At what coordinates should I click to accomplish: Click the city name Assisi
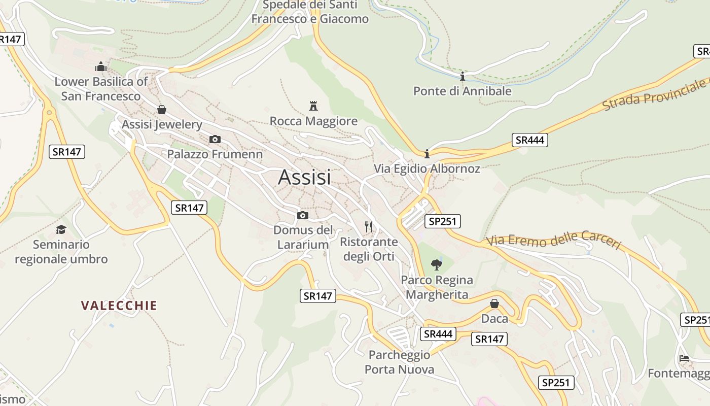coord(304,177)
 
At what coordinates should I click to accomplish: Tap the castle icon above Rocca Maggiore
coord(313,106)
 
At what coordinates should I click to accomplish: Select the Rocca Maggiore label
coord(313,121)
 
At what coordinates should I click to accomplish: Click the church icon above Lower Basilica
coord(101,66)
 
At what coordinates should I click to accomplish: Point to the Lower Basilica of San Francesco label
coord(101,89)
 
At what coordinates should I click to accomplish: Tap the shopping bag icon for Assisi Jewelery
coord(162,109)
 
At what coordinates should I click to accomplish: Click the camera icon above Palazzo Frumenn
coord(215,139)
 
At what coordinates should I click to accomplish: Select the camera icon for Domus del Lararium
coord(303,215)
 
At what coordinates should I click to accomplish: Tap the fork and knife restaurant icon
coord(369,226)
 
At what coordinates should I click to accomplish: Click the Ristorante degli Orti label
coord(369,249)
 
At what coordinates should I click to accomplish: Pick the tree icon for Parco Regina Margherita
coord(436,264)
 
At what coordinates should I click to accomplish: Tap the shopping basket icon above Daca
coord(494,303)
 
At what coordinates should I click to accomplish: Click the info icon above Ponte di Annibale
coord(462,77)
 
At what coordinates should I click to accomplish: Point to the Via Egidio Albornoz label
coord(427,168)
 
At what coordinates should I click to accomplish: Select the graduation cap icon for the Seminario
coord(61,229)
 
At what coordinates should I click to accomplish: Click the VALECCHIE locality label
coord(119,306)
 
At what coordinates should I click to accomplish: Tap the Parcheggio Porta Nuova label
coord(399,362)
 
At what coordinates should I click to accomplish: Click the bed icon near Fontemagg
coord(684,358)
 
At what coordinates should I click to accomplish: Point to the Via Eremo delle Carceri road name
coord(553,241)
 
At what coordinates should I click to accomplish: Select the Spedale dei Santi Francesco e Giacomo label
coord(310,12)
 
